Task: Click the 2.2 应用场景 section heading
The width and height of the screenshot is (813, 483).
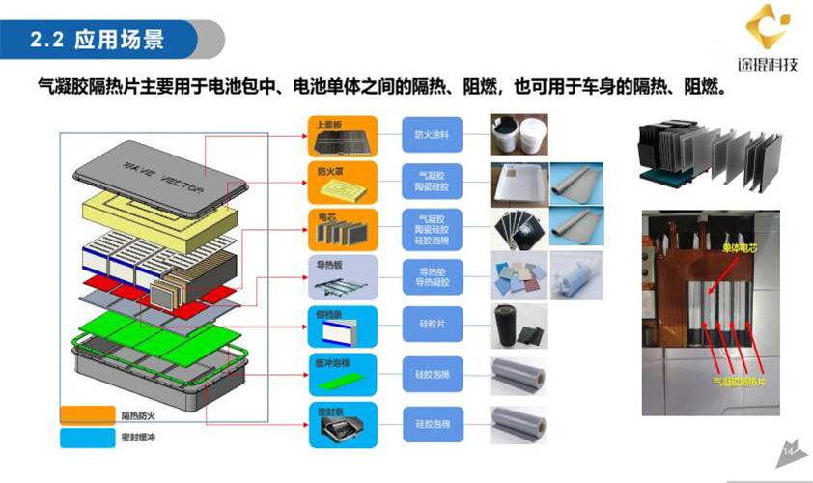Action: (98, 40)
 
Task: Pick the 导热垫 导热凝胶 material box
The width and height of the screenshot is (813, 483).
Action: (434, 278)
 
